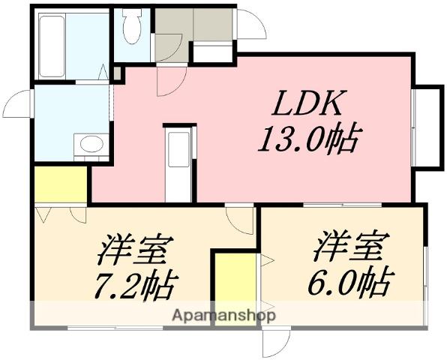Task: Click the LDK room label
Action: click(x=309, y=103)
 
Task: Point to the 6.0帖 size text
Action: click(x=351, y=281)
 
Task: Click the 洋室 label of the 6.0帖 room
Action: click(x=352, y=246)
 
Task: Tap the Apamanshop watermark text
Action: click(x=224, y=316)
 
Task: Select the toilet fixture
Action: click(x=132, y=26)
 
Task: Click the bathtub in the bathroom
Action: click(x=52, y=46)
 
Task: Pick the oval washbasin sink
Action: click(x=91, y=143)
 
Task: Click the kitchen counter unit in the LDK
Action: click(x=178, y=165)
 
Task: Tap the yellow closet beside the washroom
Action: click(x=61, y=184)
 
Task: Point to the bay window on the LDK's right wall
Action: click(x=428, y=127)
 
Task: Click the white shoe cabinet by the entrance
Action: click(x=212, y=52)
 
